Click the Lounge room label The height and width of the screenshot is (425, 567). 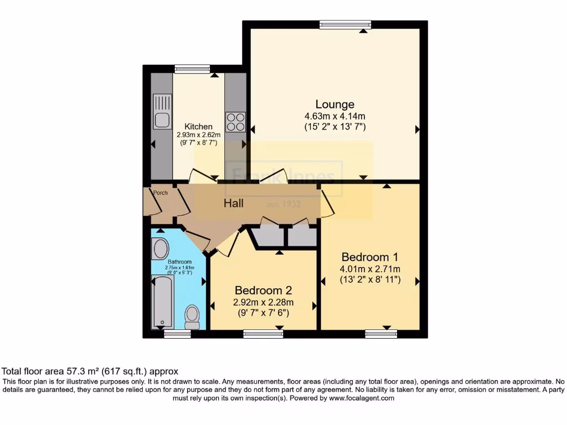click(334, 104)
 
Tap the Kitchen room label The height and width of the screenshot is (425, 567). click(198, 126)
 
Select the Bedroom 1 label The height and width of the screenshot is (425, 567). click(369, 257)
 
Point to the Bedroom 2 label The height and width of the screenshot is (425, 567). click(264, 290)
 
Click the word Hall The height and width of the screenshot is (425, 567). click(234, 203)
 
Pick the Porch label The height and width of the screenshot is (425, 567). click(161, 193)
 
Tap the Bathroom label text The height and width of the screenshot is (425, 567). click(179, 262)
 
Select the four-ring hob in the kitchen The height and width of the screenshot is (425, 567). click(235, 122)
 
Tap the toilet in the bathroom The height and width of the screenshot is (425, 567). click(192, 317)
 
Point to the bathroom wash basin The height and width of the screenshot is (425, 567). click(161, 249)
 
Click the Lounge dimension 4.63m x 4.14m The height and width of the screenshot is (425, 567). click(335, 116)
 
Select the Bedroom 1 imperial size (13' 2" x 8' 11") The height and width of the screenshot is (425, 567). click(369, 280)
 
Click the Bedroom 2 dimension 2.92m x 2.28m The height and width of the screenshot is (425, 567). click(264, 302)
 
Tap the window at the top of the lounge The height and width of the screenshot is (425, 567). click(345, 24)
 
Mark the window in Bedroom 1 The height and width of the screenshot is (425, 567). click(381, 333)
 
